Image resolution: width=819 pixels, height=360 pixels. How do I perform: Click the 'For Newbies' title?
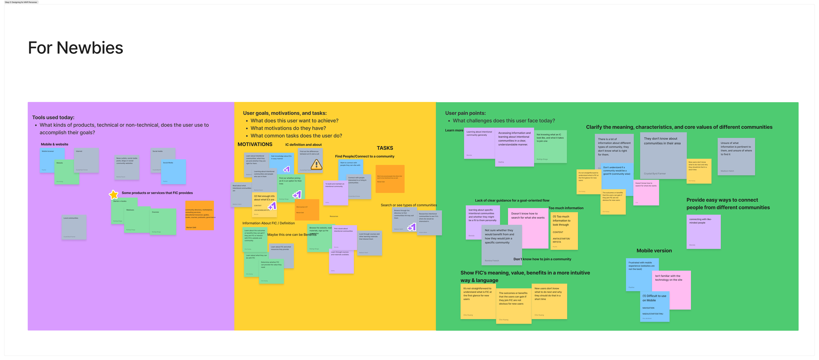coord(75,48)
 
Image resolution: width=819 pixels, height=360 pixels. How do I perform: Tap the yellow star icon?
coord(113,195)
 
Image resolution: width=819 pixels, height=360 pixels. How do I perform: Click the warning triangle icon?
coord(316,164)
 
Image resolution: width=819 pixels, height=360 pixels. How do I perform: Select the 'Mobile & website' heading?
coord(54,144)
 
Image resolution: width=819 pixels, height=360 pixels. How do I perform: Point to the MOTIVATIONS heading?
coord(255,144)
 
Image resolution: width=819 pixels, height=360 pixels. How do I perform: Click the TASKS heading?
coord(385,148)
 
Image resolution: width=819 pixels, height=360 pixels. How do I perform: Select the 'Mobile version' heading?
coord(654,251)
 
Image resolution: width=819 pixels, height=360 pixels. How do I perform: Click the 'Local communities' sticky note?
coord(74,227)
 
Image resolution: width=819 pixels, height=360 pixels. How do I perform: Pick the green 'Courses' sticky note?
coord(163,222)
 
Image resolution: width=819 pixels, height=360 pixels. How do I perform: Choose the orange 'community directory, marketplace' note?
coord(200,216)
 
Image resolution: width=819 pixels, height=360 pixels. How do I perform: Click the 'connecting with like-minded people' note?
coord(703,232)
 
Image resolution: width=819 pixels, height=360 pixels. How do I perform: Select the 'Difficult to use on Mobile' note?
coord(655,307)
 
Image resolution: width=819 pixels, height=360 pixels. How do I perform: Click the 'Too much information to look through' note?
coord(564,231)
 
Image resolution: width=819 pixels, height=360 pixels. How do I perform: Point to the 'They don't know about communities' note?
coord(663,156)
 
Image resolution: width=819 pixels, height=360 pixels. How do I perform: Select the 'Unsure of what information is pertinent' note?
coord(736,157)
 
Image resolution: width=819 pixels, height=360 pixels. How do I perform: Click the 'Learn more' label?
coord(454,130)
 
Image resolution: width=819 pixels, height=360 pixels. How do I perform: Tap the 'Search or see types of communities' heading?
coord(409,205)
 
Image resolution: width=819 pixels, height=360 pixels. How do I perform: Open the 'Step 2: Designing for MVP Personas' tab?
coord(21,2)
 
